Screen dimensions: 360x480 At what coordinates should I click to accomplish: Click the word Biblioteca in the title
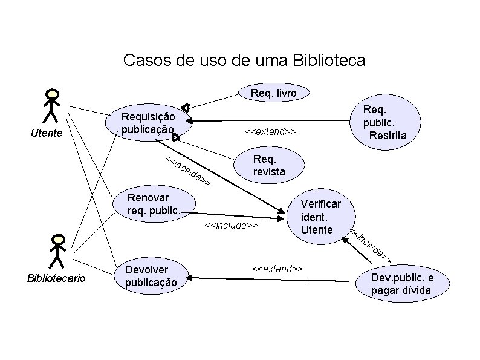[x=328, y=61]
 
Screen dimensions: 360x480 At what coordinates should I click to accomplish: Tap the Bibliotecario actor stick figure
[x=57, y=250]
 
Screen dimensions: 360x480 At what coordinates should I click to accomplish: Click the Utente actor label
[x=47, y=133]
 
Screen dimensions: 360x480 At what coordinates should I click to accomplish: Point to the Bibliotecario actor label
[x=56, y=278]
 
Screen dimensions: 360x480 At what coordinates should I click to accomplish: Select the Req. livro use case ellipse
[x=273, y=93]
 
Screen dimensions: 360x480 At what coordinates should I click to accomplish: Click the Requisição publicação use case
[x=149, y=123]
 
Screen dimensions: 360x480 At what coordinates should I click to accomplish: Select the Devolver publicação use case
[x=151, y=276]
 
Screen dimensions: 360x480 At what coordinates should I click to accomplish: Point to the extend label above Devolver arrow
[x=277, y=267]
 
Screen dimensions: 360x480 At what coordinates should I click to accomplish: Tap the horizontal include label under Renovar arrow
[x=231, y=225]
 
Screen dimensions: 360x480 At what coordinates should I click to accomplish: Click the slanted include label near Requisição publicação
[x=188, y=171]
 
